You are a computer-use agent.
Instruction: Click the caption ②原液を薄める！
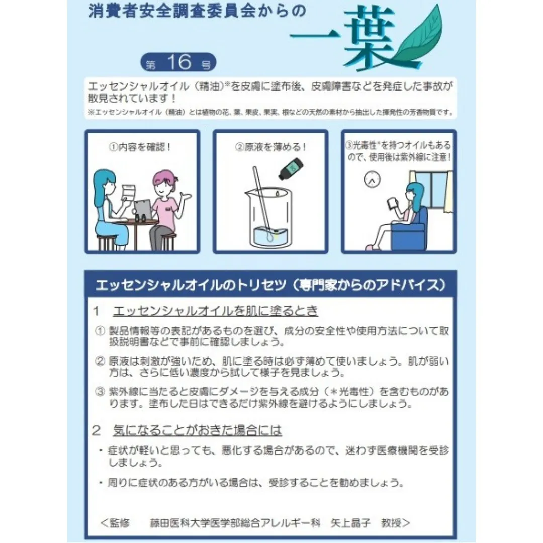point(270,148)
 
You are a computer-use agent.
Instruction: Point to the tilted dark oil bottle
point(290,170)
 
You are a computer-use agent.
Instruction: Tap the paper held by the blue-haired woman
point(130,193)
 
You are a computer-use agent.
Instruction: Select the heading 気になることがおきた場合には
point(198,430)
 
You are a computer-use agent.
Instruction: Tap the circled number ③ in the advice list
point(100,391)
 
